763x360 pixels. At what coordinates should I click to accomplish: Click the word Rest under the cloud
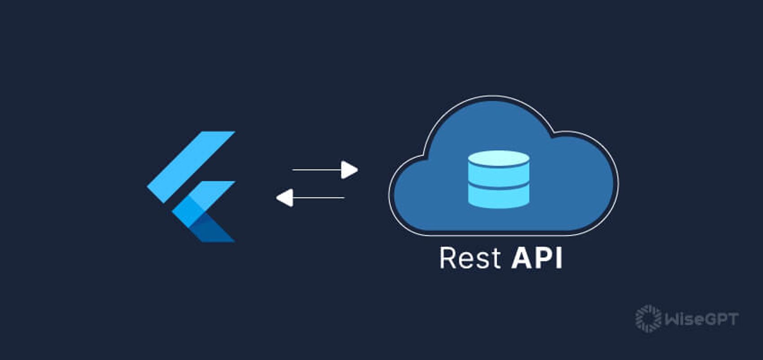469,258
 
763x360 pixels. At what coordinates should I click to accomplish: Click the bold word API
536,258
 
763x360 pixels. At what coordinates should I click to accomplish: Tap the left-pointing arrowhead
285,198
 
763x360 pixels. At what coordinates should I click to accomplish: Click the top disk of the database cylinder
498,159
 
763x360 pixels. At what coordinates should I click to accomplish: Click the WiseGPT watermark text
701,319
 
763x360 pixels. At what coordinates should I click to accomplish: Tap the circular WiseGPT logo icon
648,319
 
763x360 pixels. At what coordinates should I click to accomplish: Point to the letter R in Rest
448,258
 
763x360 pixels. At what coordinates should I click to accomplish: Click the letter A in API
523,258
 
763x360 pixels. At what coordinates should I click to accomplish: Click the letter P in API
544,258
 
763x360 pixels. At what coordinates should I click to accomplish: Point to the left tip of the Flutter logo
149,185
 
